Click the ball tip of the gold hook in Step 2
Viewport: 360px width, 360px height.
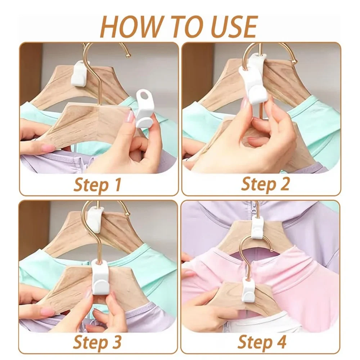(294, 63)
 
